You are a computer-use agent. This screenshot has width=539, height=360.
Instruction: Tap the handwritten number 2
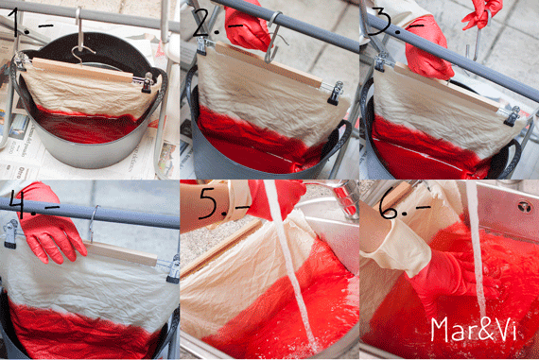tap(203, 23)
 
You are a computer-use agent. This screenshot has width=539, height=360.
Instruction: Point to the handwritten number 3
tap(381, 22)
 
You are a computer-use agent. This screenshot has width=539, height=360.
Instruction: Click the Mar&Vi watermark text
tap(474, 329)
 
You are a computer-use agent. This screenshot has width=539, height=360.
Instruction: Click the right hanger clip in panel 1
tap(148, 82)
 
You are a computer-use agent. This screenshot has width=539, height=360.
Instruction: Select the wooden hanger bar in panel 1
tap(82, 70)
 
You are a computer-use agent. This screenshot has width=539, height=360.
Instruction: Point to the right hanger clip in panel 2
tap(335, 92)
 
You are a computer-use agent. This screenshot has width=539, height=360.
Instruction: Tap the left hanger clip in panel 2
tap(202, 45)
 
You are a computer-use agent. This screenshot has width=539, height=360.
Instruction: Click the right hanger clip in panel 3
tap(513, 116)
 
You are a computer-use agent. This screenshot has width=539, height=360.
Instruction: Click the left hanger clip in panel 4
tap(10, 232)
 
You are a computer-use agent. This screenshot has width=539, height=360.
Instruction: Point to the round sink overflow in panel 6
tap(525, 206)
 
